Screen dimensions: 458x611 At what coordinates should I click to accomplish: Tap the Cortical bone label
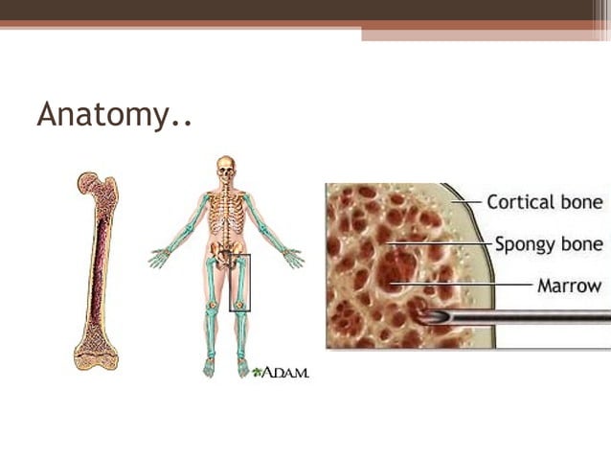tap(544, 202)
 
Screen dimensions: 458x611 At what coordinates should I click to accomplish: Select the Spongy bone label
tap(549, 243)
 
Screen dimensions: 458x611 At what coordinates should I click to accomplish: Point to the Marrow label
tap(569, 285)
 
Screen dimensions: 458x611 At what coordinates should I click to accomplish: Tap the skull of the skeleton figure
tap(226, 168)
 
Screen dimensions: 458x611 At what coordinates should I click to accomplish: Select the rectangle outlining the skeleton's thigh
tap(239, 283)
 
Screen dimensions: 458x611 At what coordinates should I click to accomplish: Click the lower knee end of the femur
tap(97, 355)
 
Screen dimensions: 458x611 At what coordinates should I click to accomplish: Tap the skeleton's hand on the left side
tap(159, 258)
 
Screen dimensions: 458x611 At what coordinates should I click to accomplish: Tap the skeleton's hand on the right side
tap(293, 258)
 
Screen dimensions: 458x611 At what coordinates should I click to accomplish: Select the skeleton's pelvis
tap(226, 252)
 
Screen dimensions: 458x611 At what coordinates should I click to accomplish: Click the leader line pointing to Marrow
tap(469, 285)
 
